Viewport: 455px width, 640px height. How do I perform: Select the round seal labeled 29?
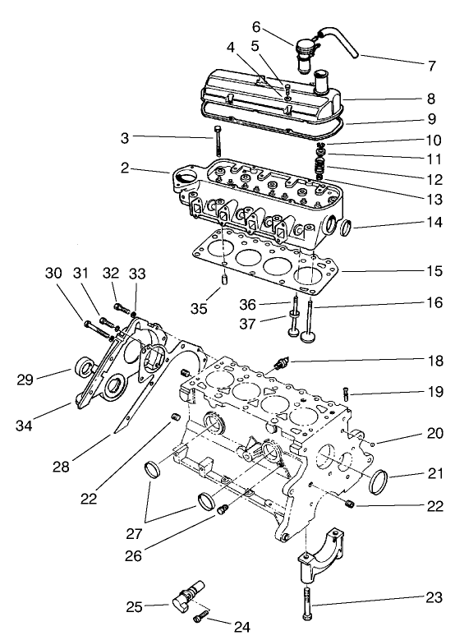pos(85,368)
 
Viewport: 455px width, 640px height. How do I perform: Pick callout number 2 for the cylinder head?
pos(125,168)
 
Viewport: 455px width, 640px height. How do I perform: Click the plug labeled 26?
pos(222,512)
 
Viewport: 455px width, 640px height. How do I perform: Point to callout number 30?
pos(53,273)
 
